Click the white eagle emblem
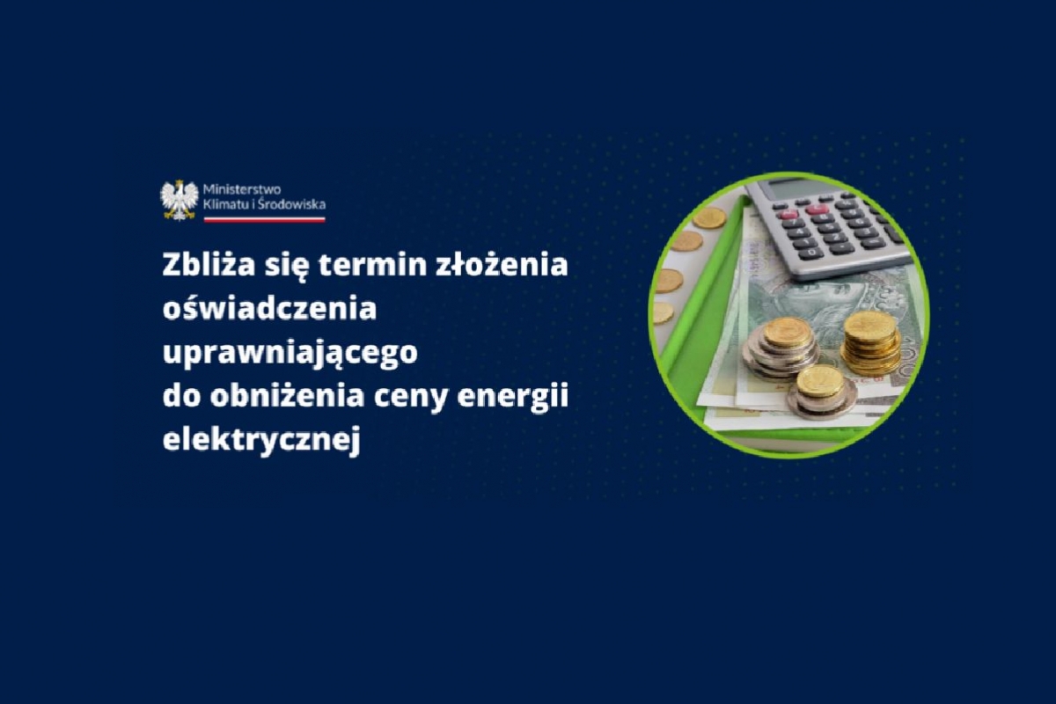[180, 200]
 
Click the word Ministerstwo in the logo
[242, 189]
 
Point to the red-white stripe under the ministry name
[264, 219]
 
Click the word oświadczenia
[269, 309]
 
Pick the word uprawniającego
[290, 354]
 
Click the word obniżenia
[287, 397]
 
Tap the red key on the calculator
[817, 209]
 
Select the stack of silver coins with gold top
[781, 348]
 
